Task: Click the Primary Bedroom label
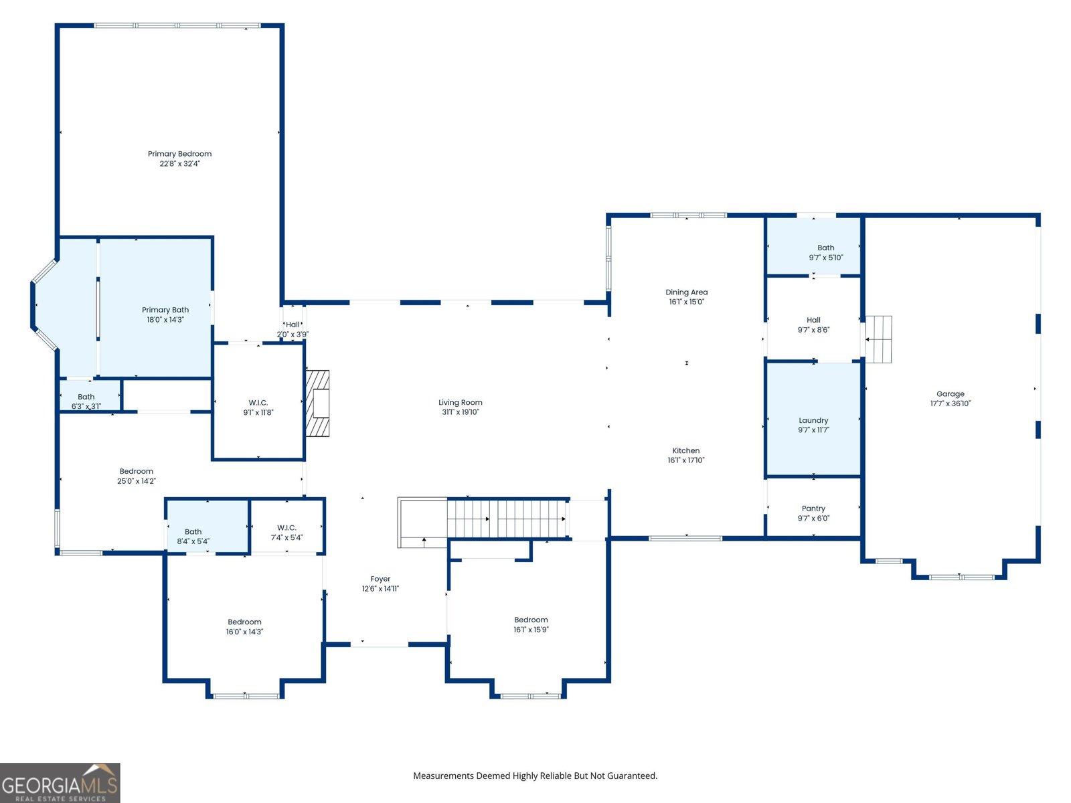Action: [x=179, y=159]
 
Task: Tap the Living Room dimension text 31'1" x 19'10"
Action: [x=460, y=412]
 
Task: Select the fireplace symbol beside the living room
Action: [x=317, y=404]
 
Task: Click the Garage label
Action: [x=950, y=398]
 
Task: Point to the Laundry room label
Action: [x=813, y=425]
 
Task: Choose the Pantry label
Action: [x=813, y=513]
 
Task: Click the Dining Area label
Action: [x=687, y=296]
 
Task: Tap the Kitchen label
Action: [x=686, y=455]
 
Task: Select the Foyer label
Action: [x=380, y=584]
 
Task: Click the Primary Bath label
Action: [x=165, y=315]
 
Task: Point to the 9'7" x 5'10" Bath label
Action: [x=825, y=252]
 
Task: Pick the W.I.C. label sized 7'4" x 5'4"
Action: [x=286, y=533]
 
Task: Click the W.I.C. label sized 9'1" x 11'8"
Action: [x=258, y=407]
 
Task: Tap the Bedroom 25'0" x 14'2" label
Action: [x=136, y=476]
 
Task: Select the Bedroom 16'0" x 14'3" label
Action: [x=244, y=626]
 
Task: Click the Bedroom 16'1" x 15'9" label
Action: [x=531, y=624]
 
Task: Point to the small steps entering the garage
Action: [x=878, y=339]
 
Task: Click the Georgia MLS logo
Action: [x=60, y=782]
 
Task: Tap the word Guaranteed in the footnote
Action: [x=633, y=776]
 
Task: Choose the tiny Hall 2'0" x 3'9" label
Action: [x=293, y=329]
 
